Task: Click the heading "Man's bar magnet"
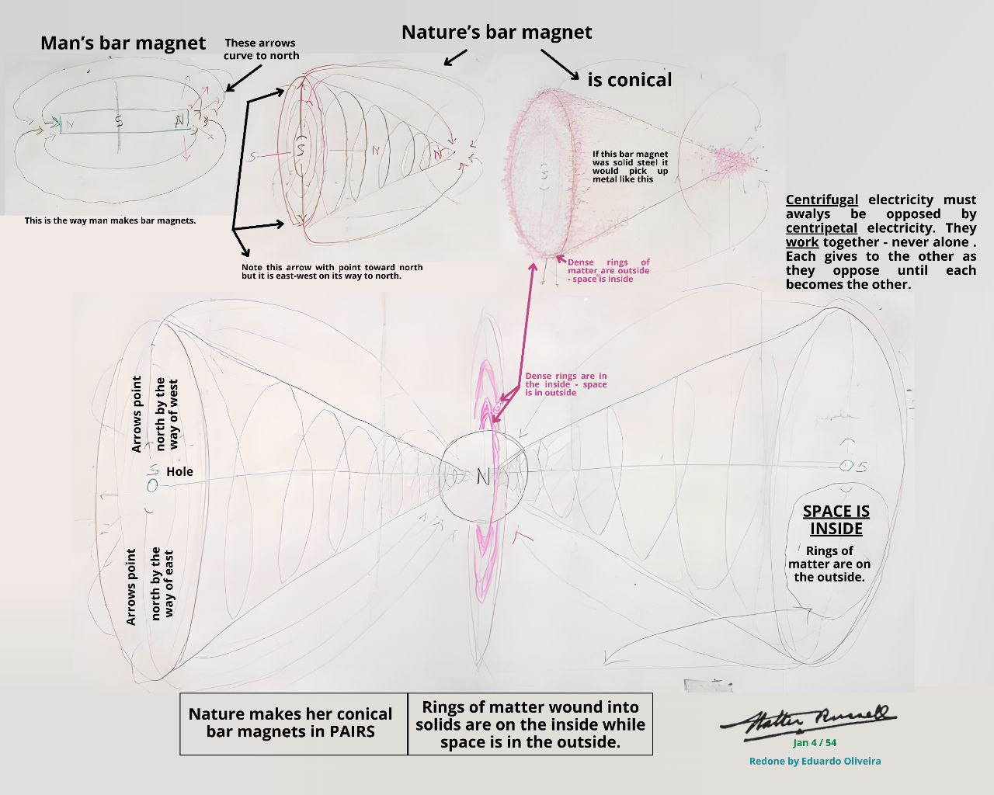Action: click(123, 43)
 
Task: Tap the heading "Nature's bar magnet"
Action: click(496, 33)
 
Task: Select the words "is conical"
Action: click(629, 80)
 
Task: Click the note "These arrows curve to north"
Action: click(261, 49)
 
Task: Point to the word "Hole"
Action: click(179, 471)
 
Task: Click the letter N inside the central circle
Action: click(482, 477)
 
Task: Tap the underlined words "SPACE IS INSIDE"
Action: click(836, 520)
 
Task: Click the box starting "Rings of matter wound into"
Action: click(530, 724)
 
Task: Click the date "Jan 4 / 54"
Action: click(815, 743)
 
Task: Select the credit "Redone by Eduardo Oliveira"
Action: click(815, 761)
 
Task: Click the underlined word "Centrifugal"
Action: click(822, 200)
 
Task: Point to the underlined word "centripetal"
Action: click(822, 228)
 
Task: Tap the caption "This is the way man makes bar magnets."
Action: click(110, 220)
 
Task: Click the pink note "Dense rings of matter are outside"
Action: click(608, 270)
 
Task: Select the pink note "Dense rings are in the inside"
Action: click(565, 384)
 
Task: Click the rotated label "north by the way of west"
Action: click(167, 414)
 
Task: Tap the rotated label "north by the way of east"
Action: click(162, 584)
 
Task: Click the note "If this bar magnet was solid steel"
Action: click(630, 166)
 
